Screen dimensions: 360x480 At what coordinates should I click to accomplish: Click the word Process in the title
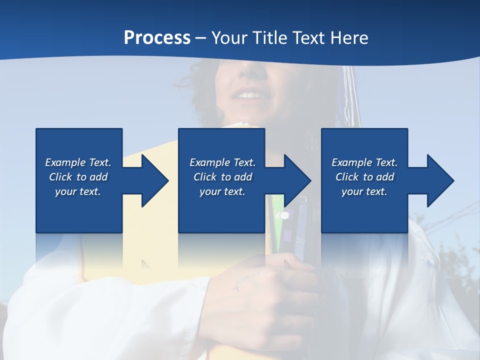click(x=157, y=37)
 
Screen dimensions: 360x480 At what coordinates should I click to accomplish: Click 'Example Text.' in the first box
click(x=78, y=162)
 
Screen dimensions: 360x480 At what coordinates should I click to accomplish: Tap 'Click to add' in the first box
click(x=78, y=177)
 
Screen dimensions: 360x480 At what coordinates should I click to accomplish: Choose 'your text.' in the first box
click(x=78, y=191)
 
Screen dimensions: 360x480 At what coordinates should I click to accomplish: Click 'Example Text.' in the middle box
click(x=222, y=162)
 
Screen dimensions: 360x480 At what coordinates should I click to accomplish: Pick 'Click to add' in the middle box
click(x=222, y=177)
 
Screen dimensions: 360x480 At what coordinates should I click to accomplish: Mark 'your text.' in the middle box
click(x=222, y=191)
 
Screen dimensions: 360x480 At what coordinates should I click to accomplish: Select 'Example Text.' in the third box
click(x=364, y=162)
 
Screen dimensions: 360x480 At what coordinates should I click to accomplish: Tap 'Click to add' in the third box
click(x=364, y=177)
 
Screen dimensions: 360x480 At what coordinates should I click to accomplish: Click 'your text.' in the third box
click(x=364, y=191)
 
